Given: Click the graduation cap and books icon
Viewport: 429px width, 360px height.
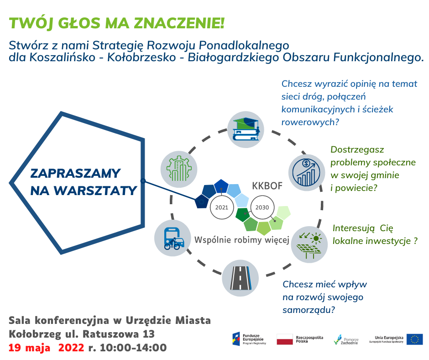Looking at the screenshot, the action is coord(246,129).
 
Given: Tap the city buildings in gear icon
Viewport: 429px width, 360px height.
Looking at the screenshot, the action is coord(179,169).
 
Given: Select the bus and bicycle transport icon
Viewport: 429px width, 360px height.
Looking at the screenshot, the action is coord(173,238).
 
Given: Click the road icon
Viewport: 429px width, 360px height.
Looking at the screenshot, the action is coord(240,278).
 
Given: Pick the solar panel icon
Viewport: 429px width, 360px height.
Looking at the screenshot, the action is coord(309,245).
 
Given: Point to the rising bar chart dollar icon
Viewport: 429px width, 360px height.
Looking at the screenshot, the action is coord(306,173).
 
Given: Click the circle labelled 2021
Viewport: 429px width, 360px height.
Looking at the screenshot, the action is coord(222,207).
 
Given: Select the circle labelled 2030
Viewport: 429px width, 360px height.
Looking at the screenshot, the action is coord(262,207).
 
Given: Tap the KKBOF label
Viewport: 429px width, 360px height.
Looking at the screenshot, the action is coord(267,186).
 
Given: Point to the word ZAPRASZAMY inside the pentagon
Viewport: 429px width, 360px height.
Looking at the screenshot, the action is coord(75,173).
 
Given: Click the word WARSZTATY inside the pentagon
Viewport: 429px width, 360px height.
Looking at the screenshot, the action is coord(95,191).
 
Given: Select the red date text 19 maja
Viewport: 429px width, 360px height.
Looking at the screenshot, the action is coord(30,348).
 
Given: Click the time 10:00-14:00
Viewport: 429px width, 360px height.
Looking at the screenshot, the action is coord(133,348).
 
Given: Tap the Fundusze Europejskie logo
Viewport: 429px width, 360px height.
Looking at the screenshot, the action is coord(249,339).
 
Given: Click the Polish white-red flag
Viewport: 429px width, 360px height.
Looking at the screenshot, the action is coord(284,339).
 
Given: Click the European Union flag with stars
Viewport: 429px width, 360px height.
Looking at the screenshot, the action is coord(414,339).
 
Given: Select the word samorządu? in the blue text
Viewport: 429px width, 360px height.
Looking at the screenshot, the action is coord(309,310).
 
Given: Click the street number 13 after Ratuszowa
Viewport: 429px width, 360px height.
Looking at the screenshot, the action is coord(149,334).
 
